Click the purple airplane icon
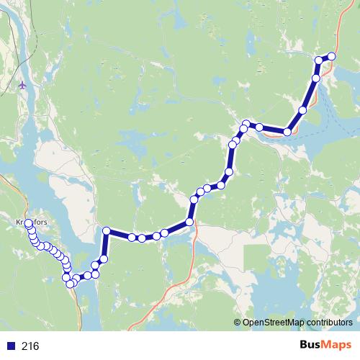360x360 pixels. (24, 86)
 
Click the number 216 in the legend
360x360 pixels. (30, 346)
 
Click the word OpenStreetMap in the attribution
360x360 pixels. (271, 322)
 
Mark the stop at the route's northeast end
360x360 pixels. (332, 56)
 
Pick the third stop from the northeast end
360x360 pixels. (316, 77)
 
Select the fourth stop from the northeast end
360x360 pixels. (303, 110)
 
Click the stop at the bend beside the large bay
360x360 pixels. (288, 132)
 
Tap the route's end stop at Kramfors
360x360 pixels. (29, 224)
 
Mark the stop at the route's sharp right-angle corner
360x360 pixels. (106, 230)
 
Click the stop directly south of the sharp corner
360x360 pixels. (104, 258)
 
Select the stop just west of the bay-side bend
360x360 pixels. (259, 127)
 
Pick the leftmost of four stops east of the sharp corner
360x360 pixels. (132, 237)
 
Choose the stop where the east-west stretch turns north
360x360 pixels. (190, 222)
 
